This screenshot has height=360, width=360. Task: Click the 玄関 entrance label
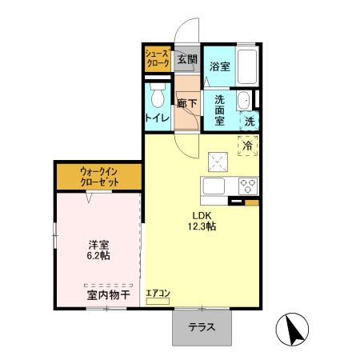click(186, 60)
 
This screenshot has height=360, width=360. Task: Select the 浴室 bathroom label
click(220, 67)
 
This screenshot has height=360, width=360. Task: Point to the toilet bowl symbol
click(158, 98)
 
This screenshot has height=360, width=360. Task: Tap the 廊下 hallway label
click(186, 103)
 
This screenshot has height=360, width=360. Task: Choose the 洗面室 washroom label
click(219, 111)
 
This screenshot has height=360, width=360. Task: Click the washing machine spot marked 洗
click(249, 122)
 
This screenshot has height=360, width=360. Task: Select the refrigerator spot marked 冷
click(247, 146)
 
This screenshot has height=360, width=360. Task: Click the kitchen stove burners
click(247, 186)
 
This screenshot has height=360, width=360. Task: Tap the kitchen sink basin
click(217, 187)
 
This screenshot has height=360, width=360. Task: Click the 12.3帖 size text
click(202, 226)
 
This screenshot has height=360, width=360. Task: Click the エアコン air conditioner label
click(158, 294)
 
